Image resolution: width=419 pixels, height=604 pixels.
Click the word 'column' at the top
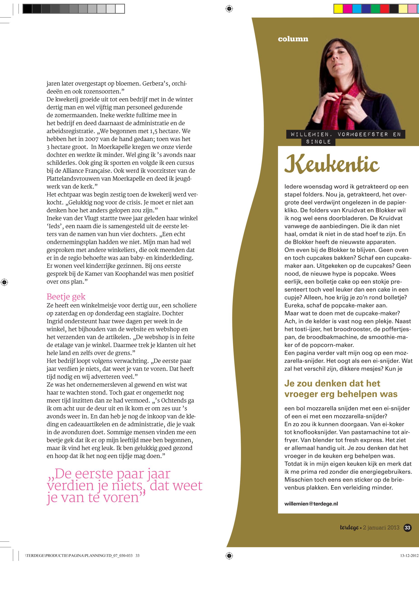293,39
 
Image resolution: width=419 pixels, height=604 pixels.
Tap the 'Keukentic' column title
332,164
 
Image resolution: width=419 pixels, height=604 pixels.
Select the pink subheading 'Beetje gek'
66,297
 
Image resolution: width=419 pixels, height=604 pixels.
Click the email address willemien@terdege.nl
311,504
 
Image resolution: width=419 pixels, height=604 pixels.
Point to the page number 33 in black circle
407,528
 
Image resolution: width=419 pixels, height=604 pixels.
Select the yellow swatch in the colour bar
338,9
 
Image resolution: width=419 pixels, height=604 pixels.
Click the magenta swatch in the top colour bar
347,9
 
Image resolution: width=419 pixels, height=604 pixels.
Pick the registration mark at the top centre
229,9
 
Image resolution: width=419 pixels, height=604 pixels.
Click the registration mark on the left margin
4,282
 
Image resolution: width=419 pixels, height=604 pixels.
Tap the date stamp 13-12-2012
409,555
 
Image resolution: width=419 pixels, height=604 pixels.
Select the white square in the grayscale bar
120,9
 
